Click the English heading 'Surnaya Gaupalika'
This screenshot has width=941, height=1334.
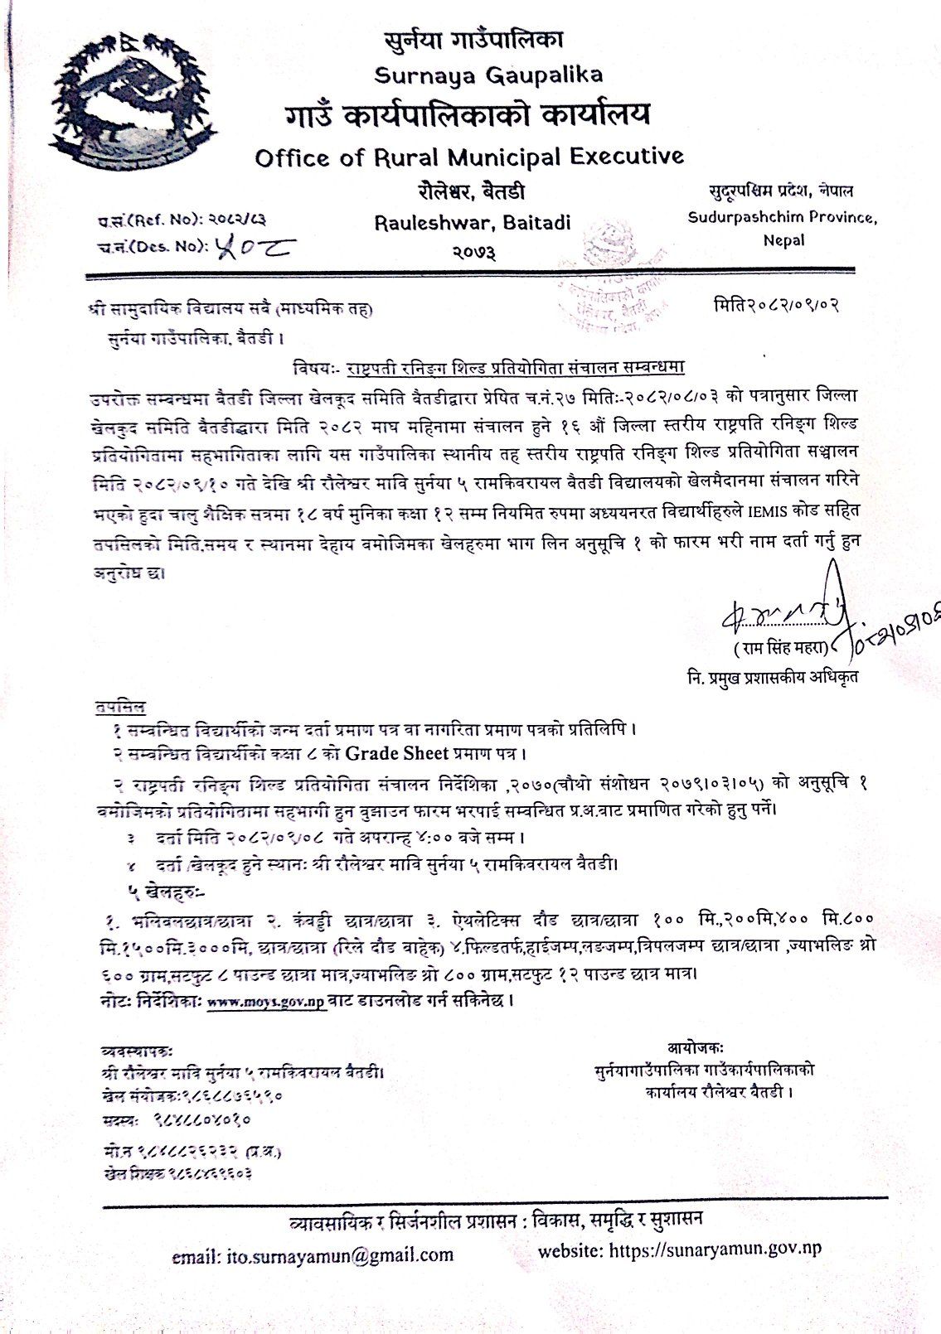pos(488,75)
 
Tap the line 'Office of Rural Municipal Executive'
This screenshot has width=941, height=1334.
pos(469,156)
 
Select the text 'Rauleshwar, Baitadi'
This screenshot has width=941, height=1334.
pos(473,223)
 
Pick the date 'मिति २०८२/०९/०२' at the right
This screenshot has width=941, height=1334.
pos(777,304)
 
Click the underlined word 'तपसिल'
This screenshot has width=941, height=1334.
pos(118,708)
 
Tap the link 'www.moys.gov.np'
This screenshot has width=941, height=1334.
pos(265,1001)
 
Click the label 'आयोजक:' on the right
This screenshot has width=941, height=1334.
pos(695,1048)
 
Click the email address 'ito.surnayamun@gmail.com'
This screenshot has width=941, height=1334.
pos(313,1254)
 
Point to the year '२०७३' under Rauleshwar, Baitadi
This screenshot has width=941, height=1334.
pos(473,251)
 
